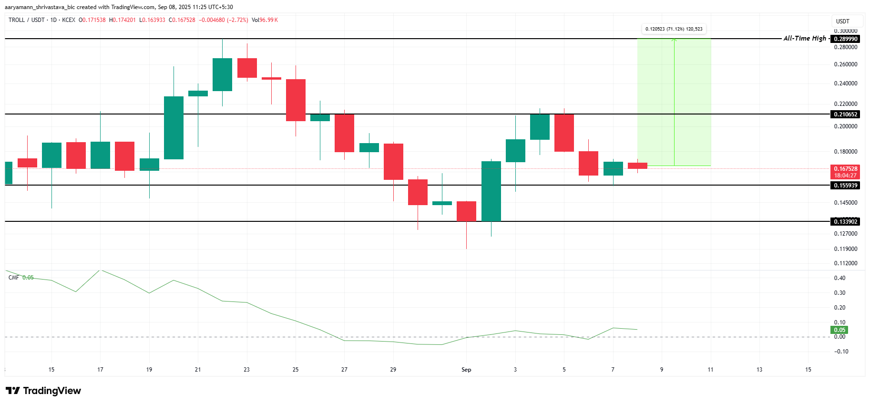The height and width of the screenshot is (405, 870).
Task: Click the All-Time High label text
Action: (805, 39)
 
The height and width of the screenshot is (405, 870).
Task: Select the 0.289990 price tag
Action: (846, 39)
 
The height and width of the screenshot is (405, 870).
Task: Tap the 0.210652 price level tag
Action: (846, 114)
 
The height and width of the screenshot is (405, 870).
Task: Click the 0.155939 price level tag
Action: (846, 186)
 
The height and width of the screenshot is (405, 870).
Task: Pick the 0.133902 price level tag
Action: (846, 221)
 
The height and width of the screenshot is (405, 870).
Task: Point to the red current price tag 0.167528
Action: (846, 169)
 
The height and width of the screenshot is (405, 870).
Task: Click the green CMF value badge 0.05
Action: (839, 330)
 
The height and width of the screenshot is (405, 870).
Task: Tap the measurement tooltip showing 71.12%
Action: (674, 29)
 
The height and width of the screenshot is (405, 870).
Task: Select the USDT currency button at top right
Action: (843, 21)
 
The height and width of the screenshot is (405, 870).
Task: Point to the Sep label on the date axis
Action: (466, 370)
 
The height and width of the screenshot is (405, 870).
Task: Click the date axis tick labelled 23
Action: (246, 370)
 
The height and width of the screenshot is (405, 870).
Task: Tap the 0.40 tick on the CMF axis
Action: (839, 278)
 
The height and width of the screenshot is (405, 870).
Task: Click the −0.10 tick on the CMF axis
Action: (841, 352)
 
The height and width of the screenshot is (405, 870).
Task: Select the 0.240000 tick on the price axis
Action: (845, 83)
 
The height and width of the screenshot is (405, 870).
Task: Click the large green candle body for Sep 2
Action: (491, 191)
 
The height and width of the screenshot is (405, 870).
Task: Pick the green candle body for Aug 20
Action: (174, 128)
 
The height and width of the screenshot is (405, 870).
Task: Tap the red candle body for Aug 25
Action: (296, 100)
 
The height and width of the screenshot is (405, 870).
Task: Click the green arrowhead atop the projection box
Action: (674, 40)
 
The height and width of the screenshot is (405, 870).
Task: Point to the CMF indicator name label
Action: (14, 278)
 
